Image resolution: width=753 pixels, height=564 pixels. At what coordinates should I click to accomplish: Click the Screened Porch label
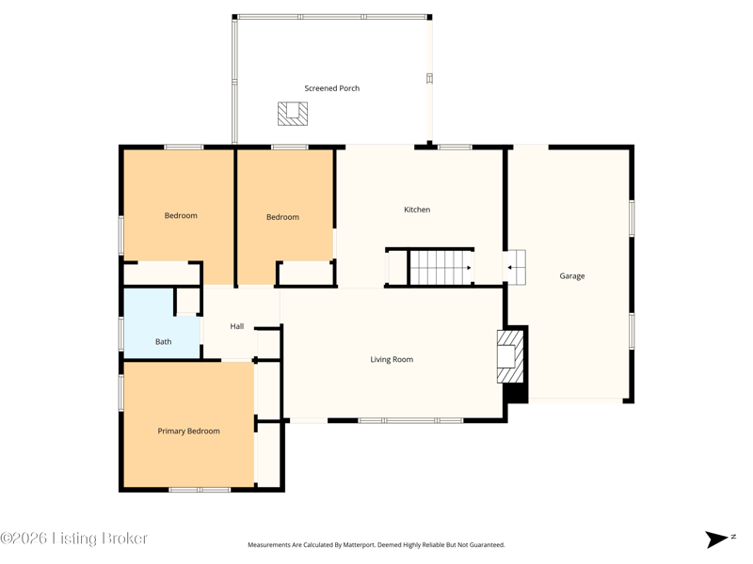[x=332, y=88]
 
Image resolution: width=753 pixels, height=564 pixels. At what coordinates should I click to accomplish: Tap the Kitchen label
[x=417, y=210]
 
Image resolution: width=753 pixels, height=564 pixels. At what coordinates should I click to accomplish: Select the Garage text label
[x=572, y=275]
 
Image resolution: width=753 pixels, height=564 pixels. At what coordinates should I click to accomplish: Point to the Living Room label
[x=392, y=359]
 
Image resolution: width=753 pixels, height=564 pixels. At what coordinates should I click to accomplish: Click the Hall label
[x=237, y=326]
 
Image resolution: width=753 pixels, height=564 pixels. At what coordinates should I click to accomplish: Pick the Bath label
[x=163, y=341]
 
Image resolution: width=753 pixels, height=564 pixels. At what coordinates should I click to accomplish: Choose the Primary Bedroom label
[x=189, y=431]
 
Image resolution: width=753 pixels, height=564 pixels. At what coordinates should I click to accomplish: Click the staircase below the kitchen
[x=440, y=268]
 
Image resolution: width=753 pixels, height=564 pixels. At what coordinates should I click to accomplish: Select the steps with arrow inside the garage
[x=516, y=267]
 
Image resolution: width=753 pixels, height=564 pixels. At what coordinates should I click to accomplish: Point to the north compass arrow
[x=716, y=539]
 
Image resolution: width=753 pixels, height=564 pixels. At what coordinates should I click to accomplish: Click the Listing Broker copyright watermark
[x=73, y=538]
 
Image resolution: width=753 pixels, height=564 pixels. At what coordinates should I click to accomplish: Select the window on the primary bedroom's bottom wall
[x=200, y=490]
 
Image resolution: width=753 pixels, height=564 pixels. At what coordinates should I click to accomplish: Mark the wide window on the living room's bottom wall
[x=410, y=420]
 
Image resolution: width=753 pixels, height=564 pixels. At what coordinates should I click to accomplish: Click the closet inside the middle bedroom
[x=305, y=273]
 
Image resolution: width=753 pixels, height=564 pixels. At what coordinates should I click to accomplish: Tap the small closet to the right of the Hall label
[x=267, y=343]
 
